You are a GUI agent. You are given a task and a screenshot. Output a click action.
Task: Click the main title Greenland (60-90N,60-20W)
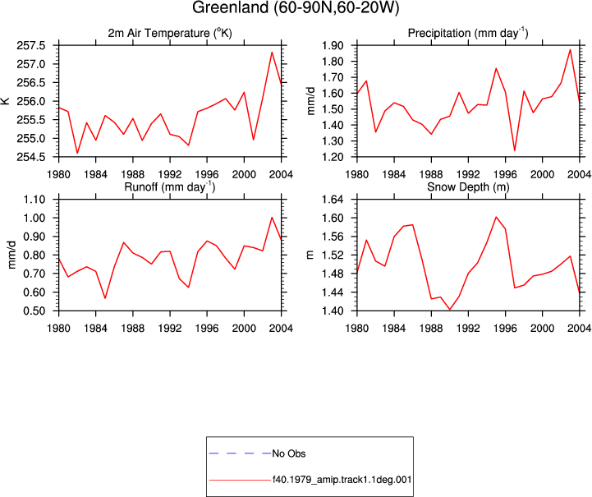point(296,7)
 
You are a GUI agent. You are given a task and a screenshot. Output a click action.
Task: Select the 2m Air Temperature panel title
point(170,33)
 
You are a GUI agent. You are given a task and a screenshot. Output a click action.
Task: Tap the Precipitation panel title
point(468,33)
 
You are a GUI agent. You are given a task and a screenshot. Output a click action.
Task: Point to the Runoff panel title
point(169,187)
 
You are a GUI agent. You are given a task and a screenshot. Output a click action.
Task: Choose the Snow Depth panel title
point(468,187)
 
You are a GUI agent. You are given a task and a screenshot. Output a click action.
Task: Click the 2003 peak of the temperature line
point(272,52)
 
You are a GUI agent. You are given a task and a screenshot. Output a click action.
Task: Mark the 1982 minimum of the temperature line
point(77,153)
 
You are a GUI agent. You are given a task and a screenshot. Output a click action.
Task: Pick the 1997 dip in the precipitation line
point(514,150)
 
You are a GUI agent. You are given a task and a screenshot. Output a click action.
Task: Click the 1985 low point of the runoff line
point(105,298)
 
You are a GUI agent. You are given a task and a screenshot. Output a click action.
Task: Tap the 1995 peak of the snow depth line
point(496,217)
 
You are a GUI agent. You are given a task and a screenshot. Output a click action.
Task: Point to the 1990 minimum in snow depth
point(450,310)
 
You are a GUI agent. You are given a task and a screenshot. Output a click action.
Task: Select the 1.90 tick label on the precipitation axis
point(333,46)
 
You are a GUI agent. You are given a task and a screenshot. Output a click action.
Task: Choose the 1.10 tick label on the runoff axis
point(34,200)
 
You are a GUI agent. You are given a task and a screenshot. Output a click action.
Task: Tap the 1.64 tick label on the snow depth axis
point(333,200)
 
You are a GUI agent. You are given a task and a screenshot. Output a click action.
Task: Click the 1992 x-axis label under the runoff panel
point(170,329)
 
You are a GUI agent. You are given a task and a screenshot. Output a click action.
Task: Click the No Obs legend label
point(289,453)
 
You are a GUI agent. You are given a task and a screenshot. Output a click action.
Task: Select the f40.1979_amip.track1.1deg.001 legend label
point(342,480)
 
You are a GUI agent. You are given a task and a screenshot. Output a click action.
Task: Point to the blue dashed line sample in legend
point(240,453)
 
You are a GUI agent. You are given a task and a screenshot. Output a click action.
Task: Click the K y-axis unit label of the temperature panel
point(5,101)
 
